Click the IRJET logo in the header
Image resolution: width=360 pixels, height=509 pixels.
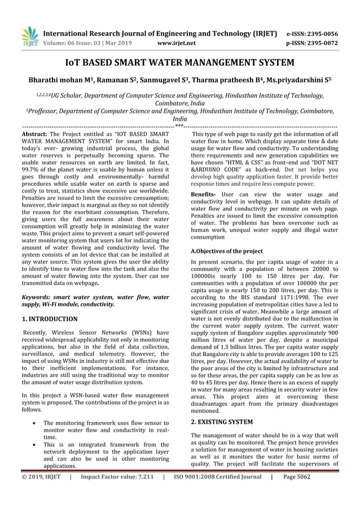tap(29, 36)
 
